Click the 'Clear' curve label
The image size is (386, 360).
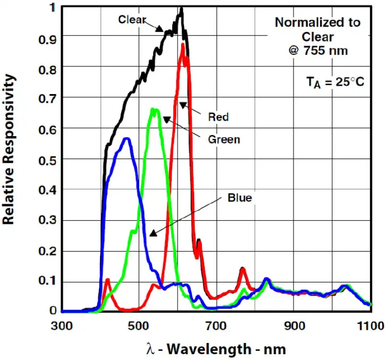click(x=132, y=19)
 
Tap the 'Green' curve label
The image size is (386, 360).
click(x=224, y=140)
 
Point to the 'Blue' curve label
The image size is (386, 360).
click(x=239, y=198)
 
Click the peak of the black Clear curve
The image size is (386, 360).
click(x=181, y=9)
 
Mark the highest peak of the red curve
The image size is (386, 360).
click(x=183, y=45)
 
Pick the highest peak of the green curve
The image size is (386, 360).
click(x=154, y=110)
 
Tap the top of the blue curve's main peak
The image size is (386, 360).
click(x=127, y=139)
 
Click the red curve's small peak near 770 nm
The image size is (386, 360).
click(x=242, y=270)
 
